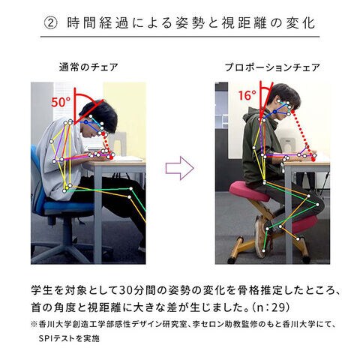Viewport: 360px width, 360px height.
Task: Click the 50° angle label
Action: pos(61,102)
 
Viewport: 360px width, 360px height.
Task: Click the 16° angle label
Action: pos(247,95)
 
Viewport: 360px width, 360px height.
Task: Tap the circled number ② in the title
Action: pos(51,23)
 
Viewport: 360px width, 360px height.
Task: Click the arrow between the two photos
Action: pos(180,168)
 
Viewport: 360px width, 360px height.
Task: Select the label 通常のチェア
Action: pos(88,67)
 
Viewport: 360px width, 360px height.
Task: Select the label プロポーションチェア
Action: pos(272,67)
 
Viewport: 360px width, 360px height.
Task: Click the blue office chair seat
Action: pos(67,206)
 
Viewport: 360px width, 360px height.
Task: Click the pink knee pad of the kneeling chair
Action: pos(304,223)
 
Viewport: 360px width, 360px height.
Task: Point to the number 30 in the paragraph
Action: pos(125,290)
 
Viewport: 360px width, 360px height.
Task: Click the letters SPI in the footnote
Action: pos(45,339)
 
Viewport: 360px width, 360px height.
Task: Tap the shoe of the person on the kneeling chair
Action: pos(260,236)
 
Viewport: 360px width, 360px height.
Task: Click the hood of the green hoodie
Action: pos(250,115)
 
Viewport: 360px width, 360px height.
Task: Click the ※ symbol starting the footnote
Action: pos(34,325)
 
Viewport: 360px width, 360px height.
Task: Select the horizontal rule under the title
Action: pos(180,37)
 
